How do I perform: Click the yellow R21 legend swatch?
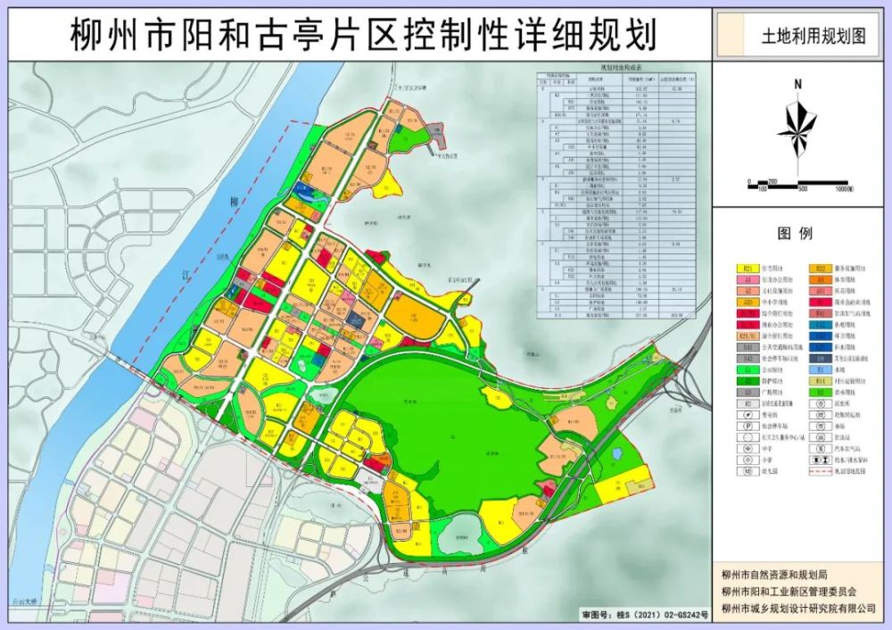(747, 268)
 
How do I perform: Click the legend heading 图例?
(796, 234)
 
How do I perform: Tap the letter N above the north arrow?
(798, 85)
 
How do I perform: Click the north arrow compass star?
(797, 129)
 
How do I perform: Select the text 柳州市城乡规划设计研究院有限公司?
(799, 609)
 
